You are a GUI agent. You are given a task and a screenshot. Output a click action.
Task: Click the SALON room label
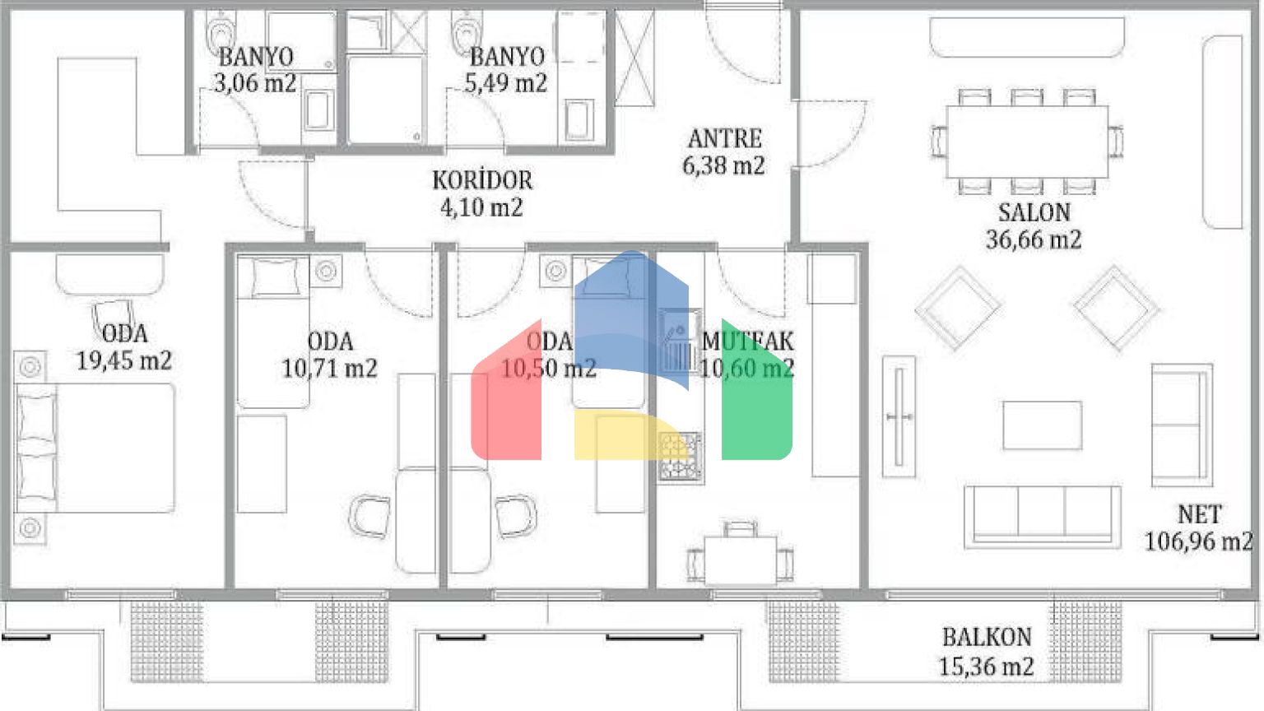click(x=1034, y=213)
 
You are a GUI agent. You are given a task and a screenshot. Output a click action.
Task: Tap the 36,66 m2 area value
click(x=1034, y=239)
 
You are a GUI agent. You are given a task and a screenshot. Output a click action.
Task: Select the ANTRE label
click(x=724, y=139)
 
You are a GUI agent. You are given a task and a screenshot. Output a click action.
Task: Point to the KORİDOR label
click(x=482, y=180)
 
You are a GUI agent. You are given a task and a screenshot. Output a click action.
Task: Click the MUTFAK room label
click(x=748, y=342)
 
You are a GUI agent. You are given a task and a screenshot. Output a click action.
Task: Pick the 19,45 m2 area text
click(x=124, y=360)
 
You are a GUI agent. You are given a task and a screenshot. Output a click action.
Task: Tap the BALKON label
click(x=987, y=638)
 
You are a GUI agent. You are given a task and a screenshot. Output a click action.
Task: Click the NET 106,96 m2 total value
click(x=1198, y=528)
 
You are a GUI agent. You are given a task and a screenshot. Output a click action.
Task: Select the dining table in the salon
click(x=1027, y=142)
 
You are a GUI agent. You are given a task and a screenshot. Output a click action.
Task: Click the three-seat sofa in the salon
click(x=1043, y=517)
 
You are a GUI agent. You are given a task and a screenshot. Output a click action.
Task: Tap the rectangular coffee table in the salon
click(x=1043, y=425)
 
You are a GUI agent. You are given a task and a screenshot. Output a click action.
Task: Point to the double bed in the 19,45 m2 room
click(x=95, y=448)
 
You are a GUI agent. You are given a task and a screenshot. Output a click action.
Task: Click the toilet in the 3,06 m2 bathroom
click(x=221, y=33)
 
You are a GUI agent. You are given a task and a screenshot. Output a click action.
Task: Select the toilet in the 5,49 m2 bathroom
click(x=467, y=32)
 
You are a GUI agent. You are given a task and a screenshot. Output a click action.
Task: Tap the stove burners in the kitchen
click(x=681, y=457)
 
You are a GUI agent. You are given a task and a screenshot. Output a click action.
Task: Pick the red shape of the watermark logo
click(x=506, y=390)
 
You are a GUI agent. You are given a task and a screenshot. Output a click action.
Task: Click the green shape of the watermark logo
click(x=757, y=390)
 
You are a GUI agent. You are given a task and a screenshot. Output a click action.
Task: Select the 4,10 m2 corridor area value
click(x=482, y=207)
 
